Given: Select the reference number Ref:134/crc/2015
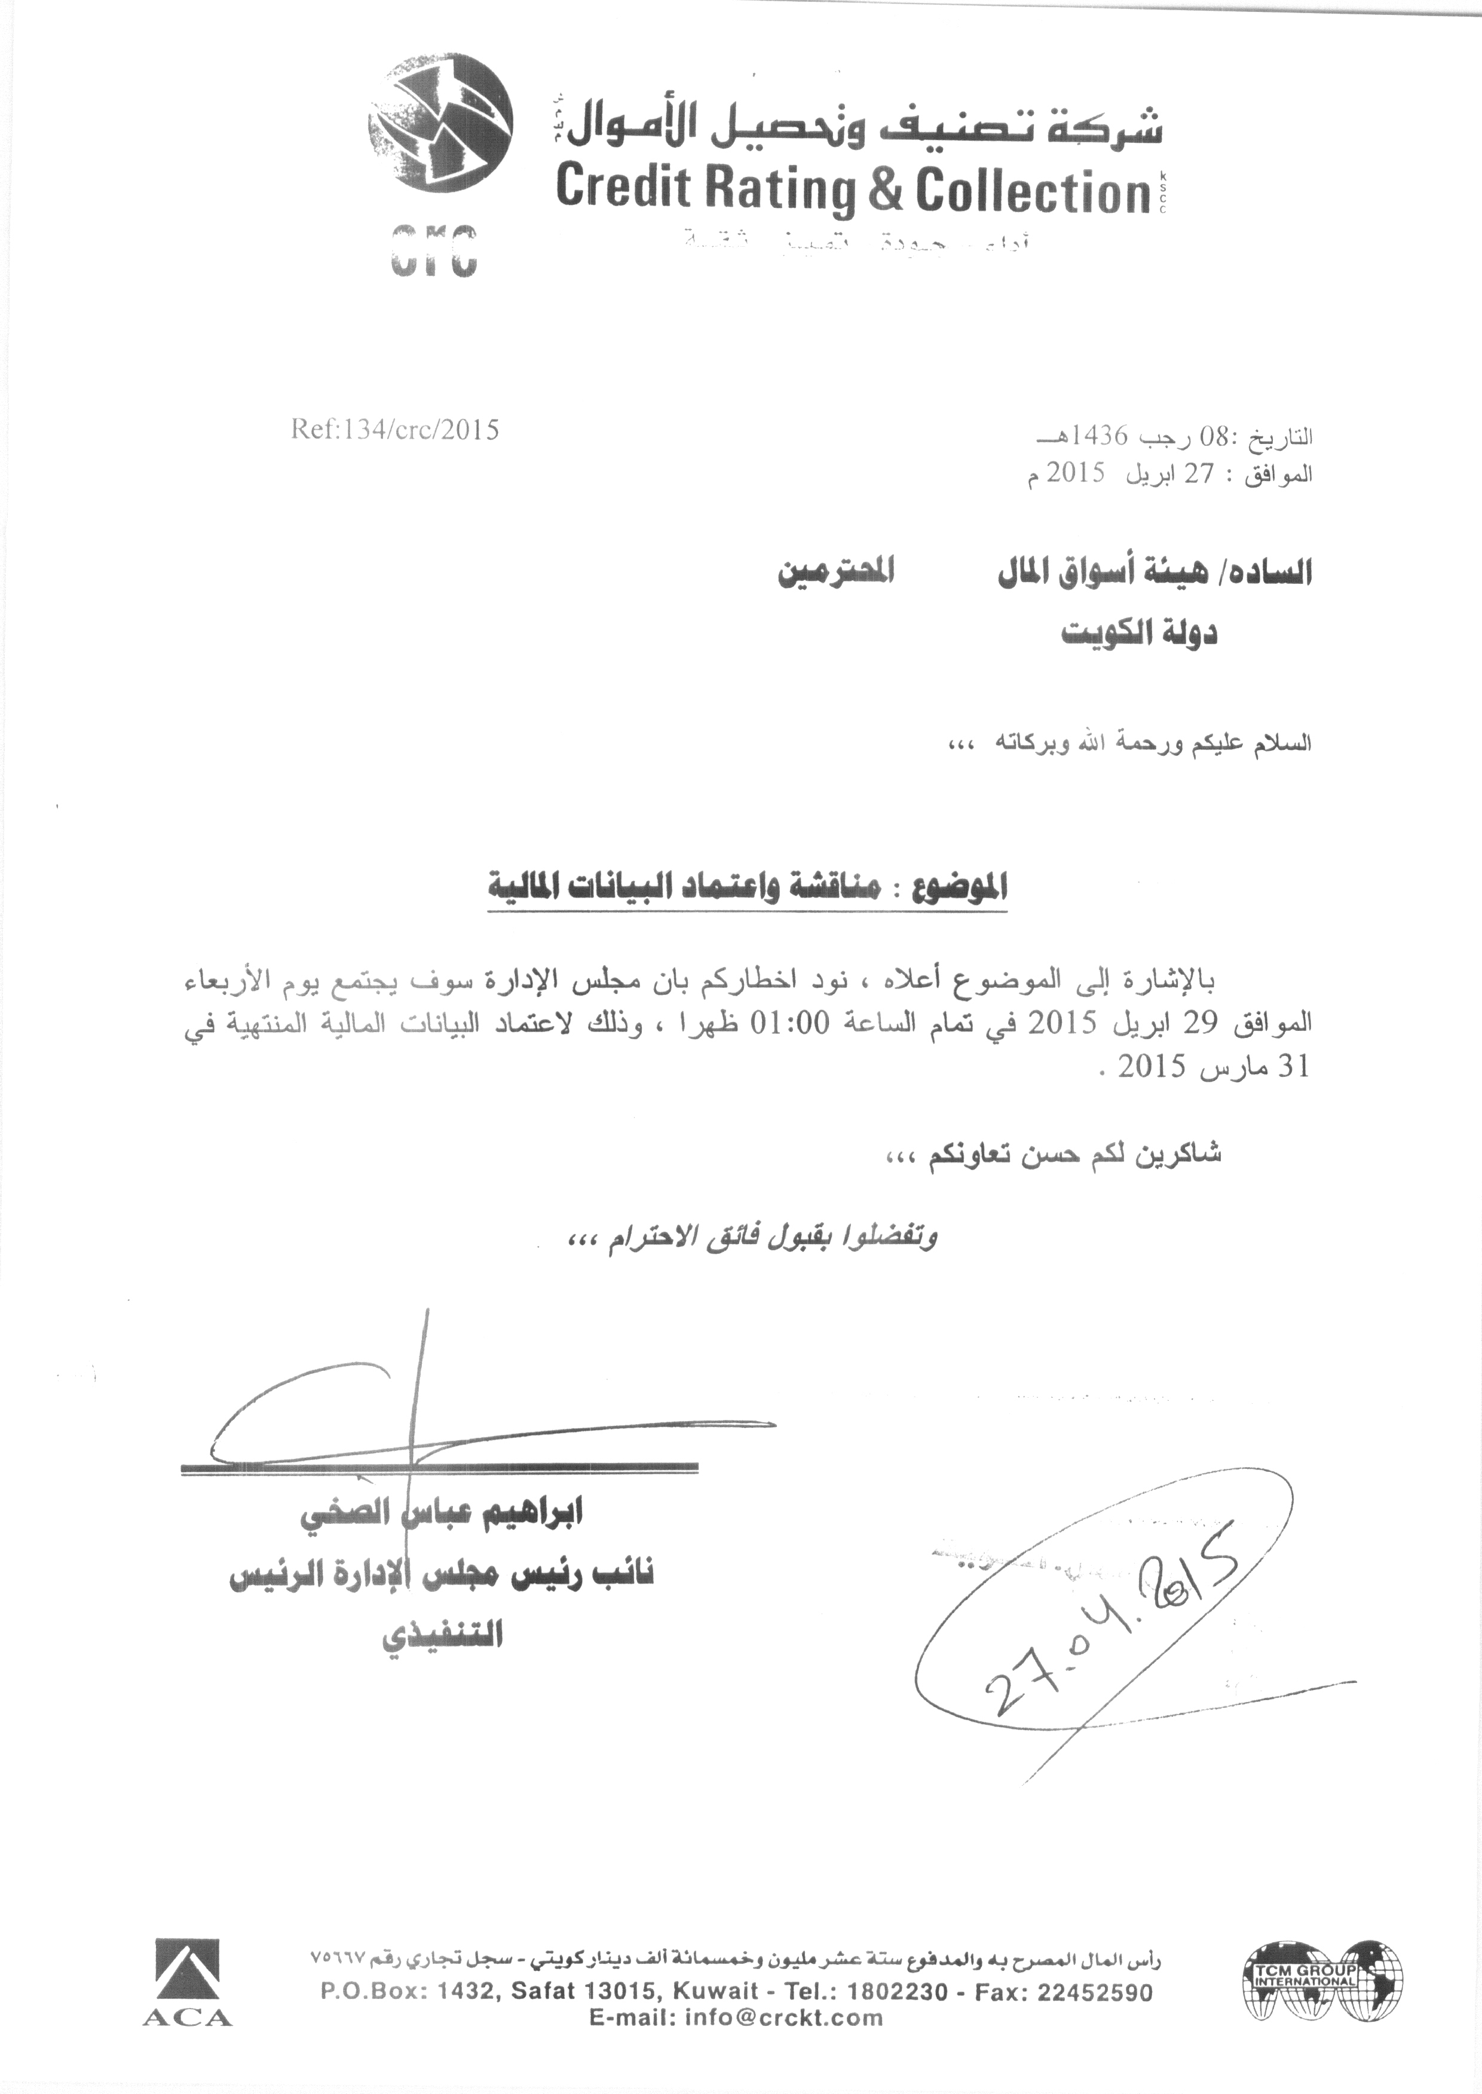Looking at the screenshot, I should point(395,430).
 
